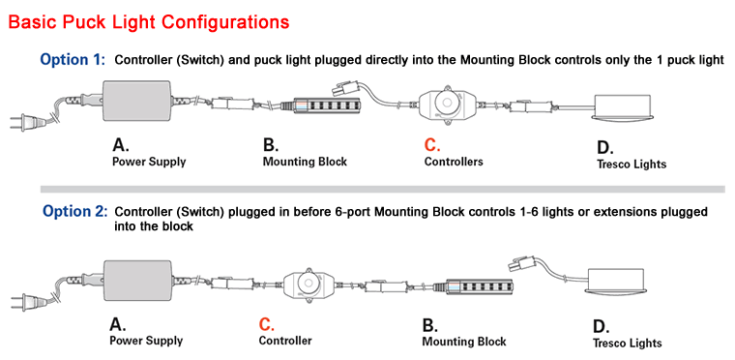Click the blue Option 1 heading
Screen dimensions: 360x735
(72, 60)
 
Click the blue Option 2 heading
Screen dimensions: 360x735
(73, 212)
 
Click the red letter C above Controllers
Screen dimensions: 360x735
(432, 145)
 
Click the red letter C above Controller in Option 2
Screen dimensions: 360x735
(266, 324)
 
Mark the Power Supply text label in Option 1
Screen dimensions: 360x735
(149, 163)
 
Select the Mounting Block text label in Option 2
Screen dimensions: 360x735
(464, 342)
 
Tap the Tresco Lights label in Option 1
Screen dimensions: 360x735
(632, 165)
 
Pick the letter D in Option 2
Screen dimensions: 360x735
(602, 326)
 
